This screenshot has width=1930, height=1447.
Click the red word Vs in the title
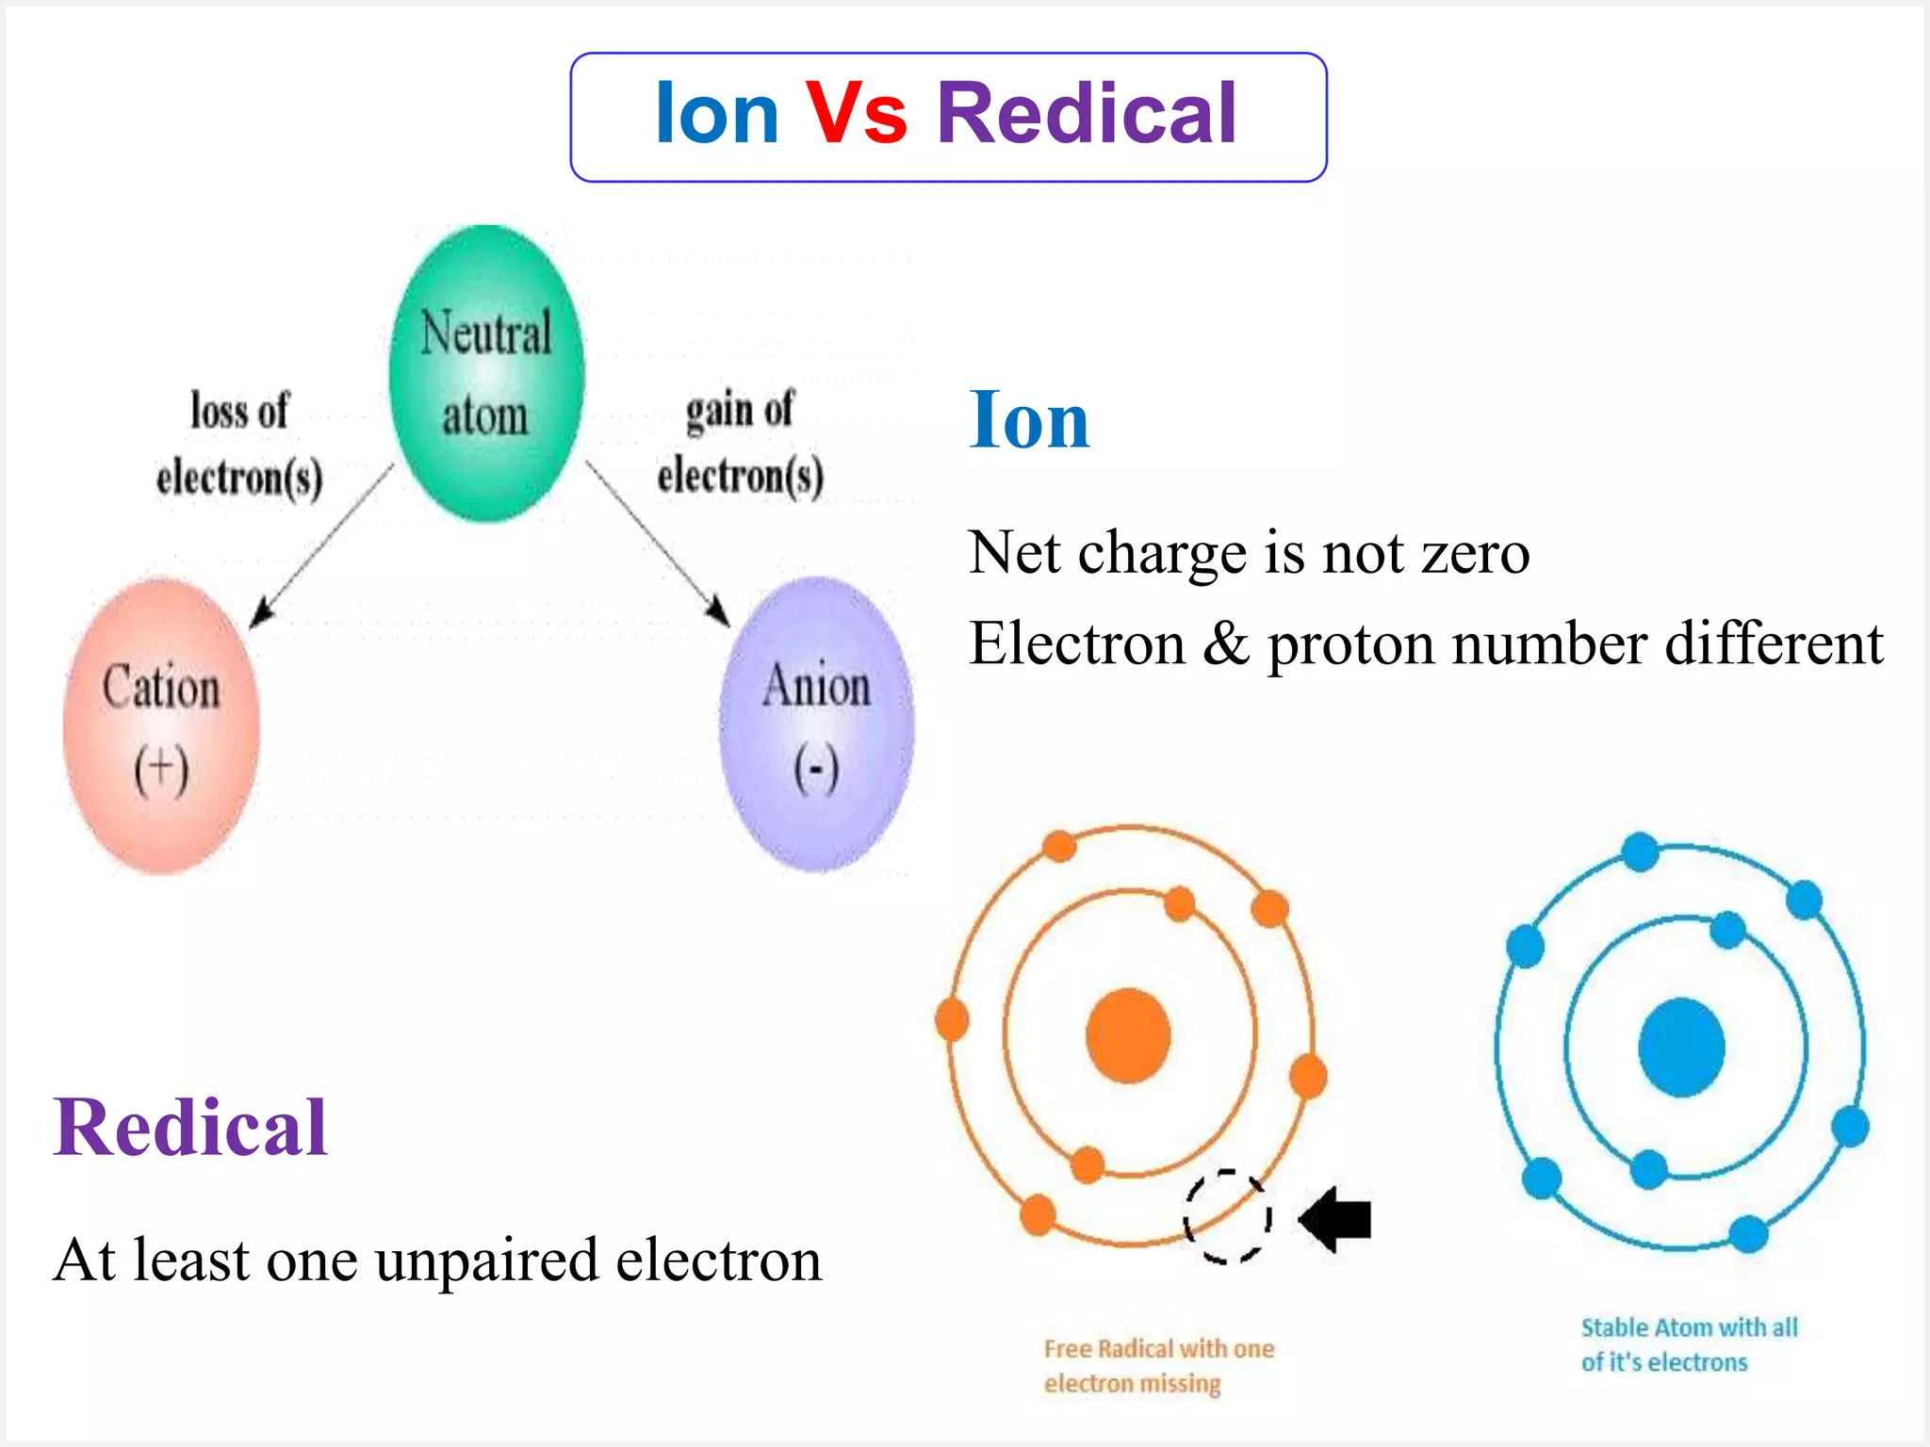point(856,114)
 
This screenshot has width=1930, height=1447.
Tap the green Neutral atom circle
point(486,374)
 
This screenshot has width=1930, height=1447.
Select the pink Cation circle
point(161,725)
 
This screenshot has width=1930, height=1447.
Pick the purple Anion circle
point(816,723)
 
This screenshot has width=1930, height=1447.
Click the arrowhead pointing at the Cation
point(261,613)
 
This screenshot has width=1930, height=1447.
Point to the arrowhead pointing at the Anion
point(718,610)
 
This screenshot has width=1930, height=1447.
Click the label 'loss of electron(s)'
point(239,443)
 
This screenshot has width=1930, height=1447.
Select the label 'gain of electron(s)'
point(741,443)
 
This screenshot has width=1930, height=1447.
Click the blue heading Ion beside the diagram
point(1029,420)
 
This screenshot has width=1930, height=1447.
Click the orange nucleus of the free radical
point(1128,1035)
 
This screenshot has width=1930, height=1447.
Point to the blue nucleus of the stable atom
point(1681,1047)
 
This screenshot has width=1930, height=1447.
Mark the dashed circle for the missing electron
point(1227,1216)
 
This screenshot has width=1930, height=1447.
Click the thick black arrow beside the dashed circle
point(1336,1219)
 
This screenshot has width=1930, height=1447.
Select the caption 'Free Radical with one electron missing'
point(1158,1366)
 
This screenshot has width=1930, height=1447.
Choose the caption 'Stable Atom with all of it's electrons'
point(1689,1344)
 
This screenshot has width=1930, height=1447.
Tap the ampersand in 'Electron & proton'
point(1226,644)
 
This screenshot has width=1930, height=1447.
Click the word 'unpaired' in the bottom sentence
point(486,1260)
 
